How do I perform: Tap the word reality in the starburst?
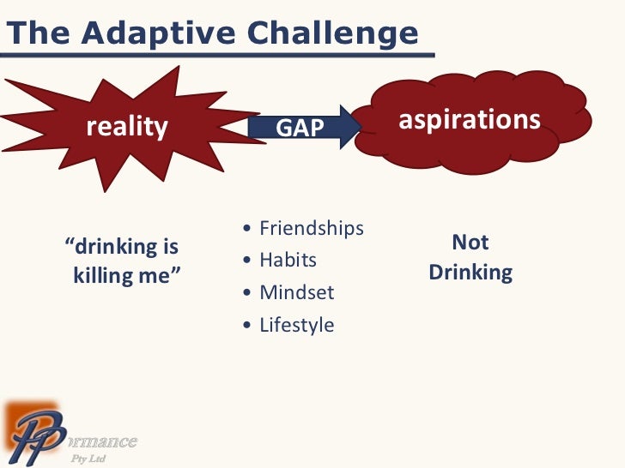tap(127, 128)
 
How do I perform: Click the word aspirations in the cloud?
tap(470, 120)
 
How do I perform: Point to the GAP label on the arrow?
tap(300, 129)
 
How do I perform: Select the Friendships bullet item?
tap(312, 228)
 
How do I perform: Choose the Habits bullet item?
tap(288, 260)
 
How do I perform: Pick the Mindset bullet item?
tap(296, 292)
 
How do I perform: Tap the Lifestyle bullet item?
tap(296, 325)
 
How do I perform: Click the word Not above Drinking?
tap(470, 243)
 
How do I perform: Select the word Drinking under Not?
tap(470, 273)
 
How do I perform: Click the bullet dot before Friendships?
tap(248, 229)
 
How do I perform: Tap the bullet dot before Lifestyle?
tap(248, 326)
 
